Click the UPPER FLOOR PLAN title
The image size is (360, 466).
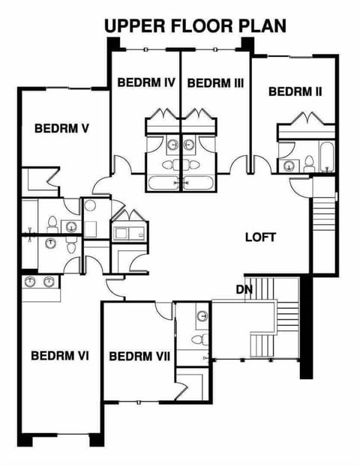click(x=195, y=25)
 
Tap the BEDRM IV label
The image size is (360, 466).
click(x=145, y=82)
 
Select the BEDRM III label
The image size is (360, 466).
click(x=215, y=82)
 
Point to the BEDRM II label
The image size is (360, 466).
click(x=295, y=91)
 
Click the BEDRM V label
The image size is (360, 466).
click(x=62, y=128)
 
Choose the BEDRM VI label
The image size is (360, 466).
click(x=60, y=354)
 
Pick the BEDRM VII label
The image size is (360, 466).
click(x=139, y=354)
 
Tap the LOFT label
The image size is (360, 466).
click(x=260, y=237)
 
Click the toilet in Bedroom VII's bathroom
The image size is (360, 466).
click(x=197, y=339)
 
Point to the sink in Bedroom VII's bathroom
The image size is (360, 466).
click(x=202, y=315)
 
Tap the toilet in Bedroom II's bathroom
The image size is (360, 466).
click(x=308, y=161)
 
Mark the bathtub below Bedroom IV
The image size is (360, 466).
click(x=162, y=182)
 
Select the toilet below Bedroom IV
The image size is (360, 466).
click(x=168, y=163)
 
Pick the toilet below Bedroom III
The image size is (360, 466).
click(x=192, y=163)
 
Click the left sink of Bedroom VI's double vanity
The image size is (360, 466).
click(x=31, y=282)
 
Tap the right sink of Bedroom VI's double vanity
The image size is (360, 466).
click(x=49, y=282)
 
